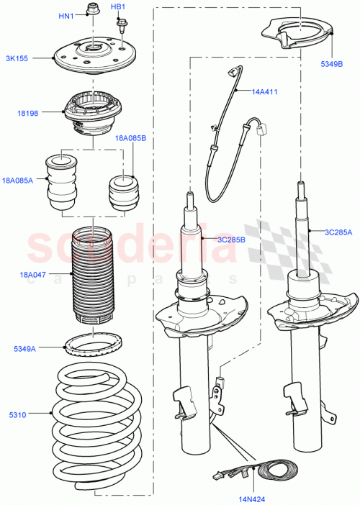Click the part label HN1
(x=66, y=16)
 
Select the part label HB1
(x=119, y=7)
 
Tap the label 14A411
(x=264, y=92)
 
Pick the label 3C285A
(x=337, y=232)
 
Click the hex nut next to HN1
(x=91, y=10)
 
